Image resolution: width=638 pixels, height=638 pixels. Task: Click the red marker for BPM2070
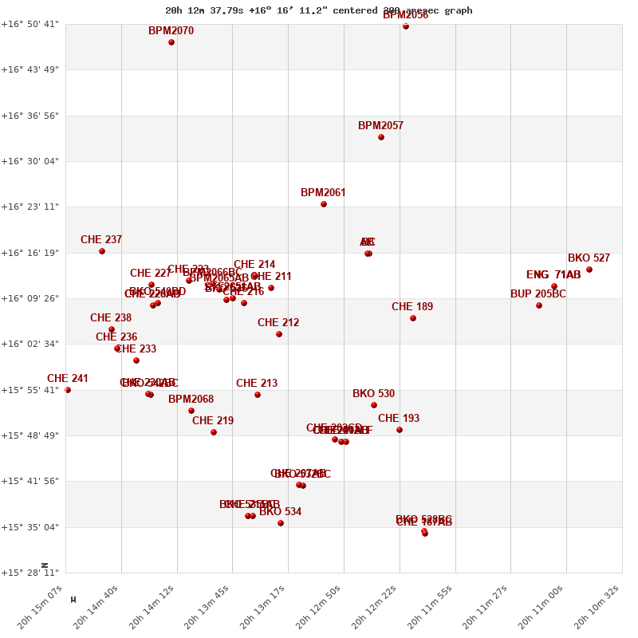(171, 42)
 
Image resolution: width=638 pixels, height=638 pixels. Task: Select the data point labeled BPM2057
(381, 137)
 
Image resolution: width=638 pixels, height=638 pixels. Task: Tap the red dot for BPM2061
(324, 204)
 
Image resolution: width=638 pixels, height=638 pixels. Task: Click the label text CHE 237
(101, 240)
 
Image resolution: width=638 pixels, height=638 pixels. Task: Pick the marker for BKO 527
(589, 270)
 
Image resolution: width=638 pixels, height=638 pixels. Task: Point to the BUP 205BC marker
(539, 305)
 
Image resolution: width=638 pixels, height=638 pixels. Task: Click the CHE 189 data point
(413, 318)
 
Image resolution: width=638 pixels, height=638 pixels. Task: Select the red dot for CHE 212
(279, 334)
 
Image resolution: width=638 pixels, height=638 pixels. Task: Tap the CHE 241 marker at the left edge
(68, 390)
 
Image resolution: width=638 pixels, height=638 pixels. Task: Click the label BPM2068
(191, 400)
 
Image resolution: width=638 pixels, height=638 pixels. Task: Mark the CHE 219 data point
(214, 432)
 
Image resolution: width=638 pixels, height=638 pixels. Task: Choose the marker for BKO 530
(374, 405)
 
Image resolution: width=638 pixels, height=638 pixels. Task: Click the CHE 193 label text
(399, 419)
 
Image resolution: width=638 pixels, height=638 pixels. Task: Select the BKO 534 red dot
(281, 523)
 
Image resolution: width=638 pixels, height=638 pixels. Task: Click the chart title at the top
(319, 10)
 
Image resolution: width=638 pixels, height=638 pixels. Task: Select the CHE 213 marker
(258, 395)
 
